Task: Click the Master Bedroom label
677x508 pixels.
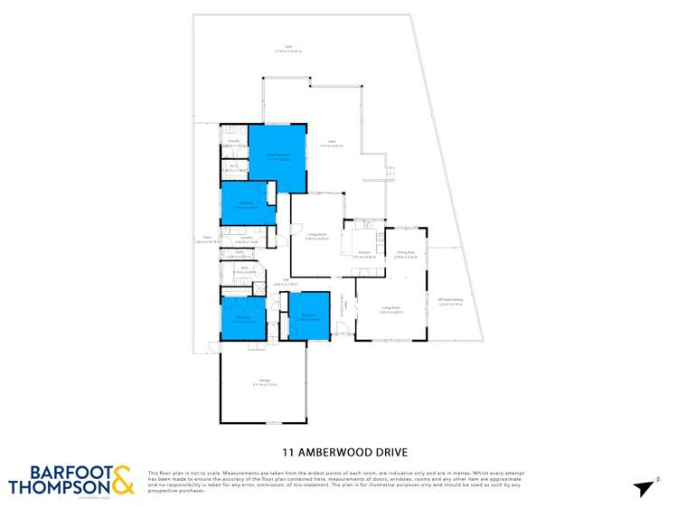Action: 277,156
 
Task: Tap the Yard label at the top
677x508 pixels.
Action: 288,47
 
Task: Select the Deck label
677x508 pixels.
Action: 332,142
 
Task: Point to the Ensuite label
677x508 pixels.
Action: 233,142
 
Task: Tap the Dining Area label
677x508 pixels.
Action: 406,254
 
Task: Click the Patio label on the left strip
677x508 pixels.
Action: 207,240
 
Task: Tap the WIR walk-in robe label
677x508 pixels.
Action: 233,166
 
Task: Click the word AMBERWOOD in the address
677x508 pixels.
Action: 337,450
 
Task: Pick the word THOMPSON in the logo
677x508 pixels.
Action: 58,488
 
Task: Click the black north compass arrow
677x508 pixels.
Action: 644,488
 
